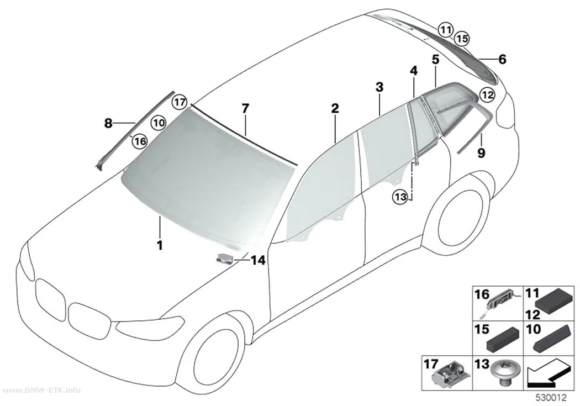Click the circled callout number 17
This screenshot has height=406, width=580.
180,102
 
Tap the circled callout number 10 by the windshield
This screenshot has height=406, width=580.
159,122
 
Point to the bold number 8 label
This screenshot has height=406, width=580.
108,123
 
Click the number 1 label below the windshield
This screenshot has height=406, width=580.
160,245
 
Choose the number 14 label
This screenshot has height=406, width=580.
258,260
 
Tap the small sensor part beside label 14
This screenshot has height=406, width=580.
225,259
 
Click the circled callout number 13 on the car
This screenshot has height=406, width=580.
400,197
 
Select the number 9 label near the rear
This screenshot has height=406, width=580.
481,152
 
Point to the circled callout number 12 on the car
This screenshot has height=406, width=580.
488,95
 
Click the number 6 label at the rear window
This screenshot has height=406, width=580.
502,59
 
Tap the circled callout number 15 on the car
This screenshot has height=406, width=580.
461,38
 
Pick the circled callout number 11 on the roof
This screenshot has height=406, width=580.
445,29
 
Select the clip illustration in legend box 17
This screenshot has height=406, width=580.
449,377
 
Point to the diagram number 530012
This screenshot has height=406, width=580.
551,398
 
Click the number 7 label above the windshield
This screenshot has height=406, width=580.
245,109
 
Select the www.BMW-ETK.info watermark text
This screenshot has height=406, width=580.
40,391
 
